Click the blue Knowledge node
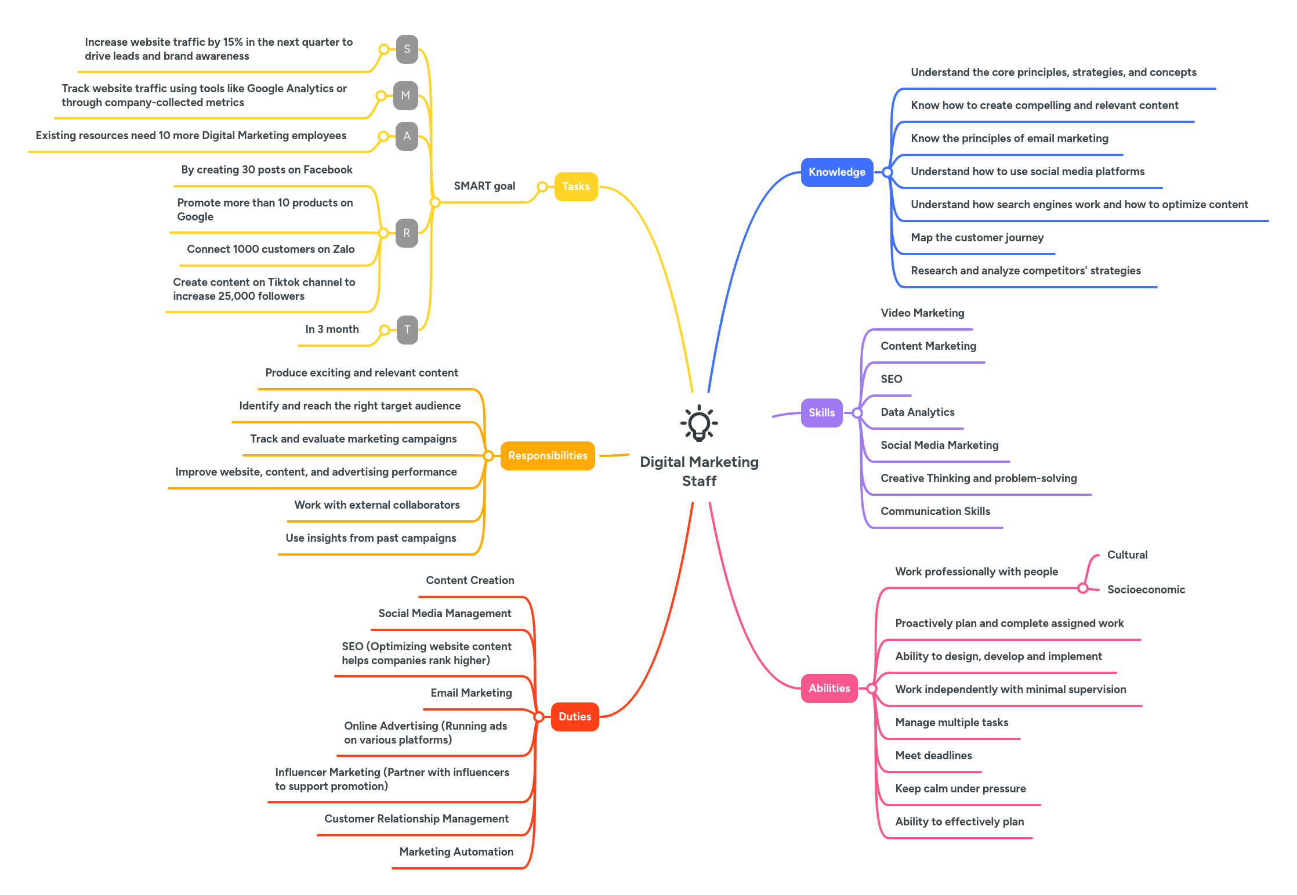tap(836, 172)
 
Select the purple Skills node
tap(821, 412)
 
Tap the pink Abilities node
tap(829, 688)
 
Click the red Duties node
tap(574, 716)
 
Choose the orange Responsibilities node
tap(547, 455)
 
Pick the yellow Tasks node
tap(575, 186)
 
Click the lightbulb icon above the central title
tap(699, 423)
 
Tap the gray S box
tap(407, 49)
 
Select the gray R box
tap(407, 233)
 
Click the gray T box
tap(407, 329)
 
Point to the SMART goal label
tap(484, 186)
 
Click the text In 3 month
tap(332, 329)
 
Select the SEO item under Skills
tap(891, 379)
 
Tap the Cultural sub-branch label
tap(1127, 555)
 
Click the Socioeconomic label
tap(1146, 589)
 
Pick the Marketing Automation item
tap(456, 851)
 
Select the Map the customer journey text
tap(977, 237)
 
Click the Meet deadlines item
tap(933, 755)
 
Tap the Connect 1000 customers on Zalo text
tap(270, 249)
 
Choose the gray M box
tap(405, 95)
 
